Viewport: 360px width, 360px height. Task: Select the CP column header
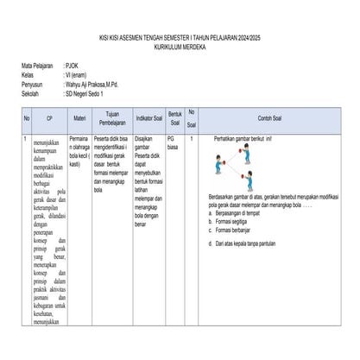click(x=49, y=118)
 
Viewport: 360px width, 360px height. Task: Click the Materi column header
click(x=79, y=118)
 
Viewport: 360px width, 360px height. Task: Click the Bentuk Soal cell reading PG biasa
click(x=174, y=142)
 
